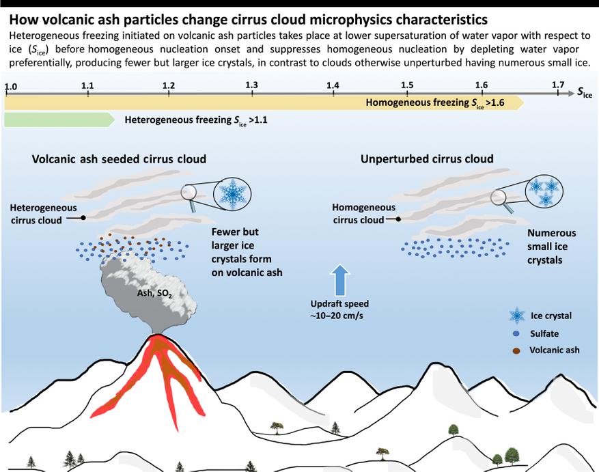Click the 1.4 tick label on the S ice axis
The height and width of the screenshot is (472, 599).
[333, 85]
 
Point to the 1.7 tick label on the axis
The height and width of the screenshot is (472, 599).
[558, 85]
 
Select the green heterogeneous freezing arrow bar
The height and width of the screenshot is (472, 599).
[59, 120]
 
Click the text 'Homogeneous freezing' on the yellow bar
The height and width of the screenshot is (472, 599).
[413, 104]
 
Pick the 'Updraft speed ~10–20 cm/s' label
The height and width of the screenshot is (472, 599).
[340, 309]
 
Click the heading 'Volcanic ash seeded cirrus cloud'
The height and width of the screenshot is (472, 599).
[119, 159]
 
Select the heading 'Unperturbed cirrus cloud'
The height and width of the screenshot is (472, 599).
[426, 159]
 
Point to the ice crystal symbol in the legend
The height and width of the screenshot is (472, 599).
[518, 316]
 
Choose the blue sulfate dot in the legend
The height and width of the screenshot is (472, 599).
[518, 334]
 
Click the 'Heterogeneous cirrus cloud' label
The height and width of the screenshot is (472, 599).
[43, 213]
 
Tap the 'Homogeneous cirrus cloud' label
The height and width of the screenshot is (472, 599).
[363, 213]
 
